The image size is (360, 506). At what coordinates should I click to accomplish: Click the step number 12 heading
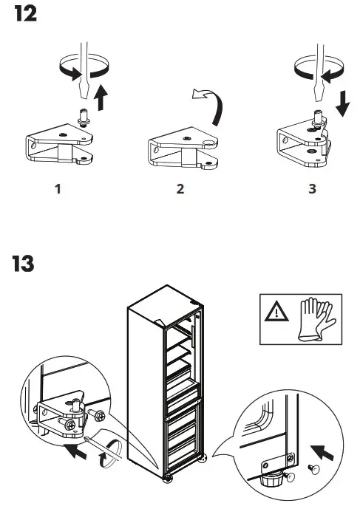(x=26, y=14)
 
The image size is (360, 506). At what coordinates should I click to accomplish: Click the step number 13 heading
(x=23, y=264)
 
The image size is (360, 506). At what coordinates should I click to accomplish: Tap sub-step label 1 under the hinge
(x=58, y=189)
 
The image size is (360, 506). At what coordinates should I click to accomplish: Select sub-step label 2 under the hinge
(x=180, y=189)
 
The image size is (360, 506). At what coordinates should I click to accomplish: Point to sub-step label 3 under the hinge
(x=312, y=189)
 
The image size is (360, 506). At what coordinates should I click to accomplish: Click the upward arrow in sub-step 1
(x=102, y=97)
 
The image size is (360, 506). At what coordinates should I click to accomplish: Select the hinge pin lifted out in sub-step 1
(x=84, y=117)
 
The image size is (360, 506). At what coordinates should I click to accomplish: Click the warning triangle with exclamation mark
(x=276, y=311)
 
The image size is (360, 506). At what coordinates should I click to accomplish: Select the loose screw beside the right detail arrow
(x=313, y=469)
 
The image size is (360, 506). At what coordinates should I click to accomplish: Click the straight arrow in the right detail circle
(x=323, y=452)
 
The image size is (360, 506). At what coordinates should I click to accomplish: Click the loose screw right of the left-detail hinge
(x=97, y=414)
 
